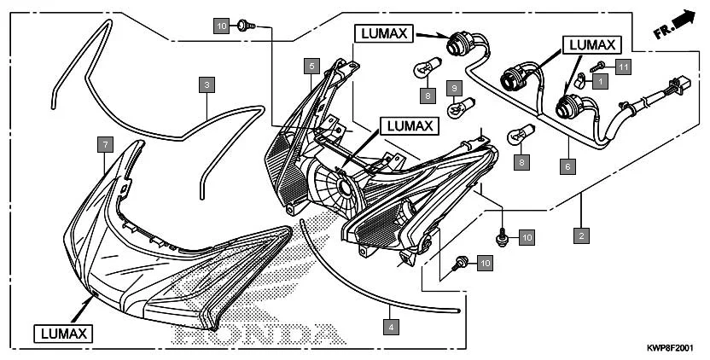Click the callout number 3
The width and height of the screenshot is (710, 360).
(x=207, y=84)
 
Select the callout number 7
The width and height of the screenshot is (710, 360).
(x=104, y=146)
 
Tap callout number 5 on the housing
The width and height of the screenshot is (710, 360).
(x=313, y=66)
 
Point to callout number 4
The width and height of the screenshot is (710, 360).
(x=390, y=326)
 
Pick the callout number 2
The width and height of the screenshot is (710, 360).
(x=581, y=235)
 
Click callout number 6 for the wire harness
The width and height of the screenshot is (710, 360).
(x=566, y=167)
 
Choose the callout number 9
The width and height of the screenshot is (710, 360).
(x=455, y=88)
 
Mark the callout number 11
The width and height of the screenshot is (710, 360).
(x=623, y=67)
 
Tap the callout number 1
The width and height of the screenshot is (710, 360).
(x=600, y=82)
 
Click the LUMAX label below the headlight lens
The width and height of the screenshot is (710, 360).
(x=64, y=333)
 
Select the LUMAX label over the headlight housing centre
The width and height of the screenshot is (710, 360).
(x=410, y=125)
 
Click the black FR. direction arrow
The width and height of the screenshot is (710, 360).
(x=681, y=19)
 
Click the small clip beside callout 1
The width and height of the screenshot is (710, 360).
(x=579, y=82)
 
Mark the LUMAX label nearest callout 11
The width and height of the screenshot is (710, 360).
(x=591, y=43)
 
